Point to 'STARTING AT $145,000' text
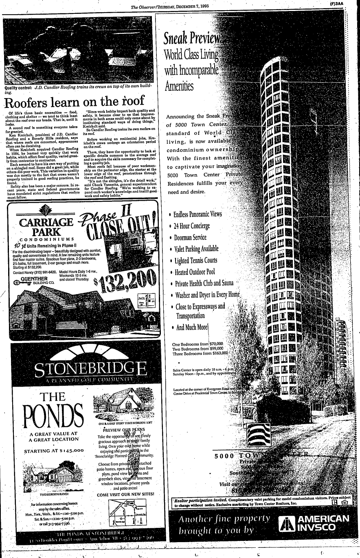click(54, 451)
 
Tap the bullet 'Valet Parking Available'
click(196, 249)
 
